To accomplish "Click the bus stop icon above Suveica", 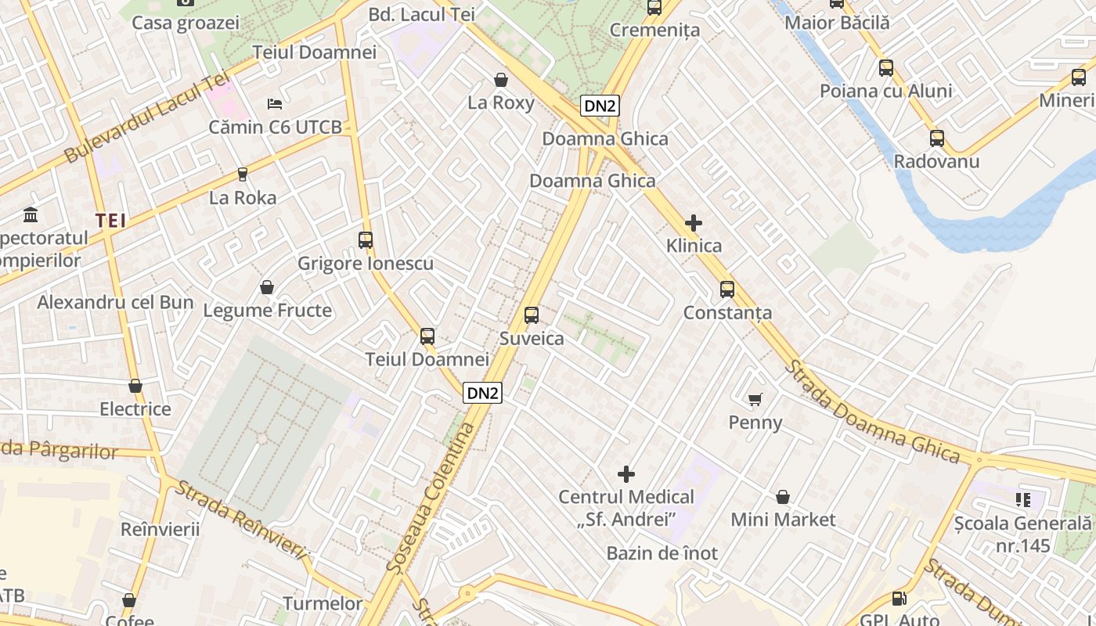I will (532, 315).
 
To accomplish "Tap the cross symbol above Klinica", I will (693, 223).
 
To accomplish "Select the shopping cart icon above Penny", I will (755, 400).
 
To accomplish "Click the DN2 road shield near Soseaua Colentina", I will (482, 393).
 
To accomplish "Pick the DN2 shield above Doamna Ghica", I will (600, 106).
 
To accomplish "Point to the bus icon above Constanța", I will (727, 290).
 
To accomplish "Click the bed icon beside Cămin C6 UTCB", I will (274, 103).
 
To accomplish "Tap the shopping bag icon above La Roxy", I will (501, 80).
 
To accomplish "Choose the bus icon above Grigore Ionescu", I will (366, 240).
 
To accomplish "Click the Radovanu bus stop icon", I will (937, 139).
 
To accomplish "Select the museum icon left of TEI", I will (31, 214).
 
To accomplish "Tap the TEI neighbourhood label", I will (111, 221).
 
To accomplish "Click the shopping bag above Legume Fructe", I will (267, 287).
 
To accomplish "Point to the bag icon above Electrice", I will (135, 386).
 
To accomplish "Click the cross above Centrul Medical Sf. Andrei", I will (626, 473).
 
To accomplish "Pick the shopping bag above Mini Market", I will (783, 497).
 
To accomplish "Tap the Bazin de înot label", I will (662, 553).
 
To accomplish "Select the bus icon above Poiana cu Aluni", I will (886, 68).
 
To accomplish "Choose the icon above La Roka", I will (243, 174).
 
